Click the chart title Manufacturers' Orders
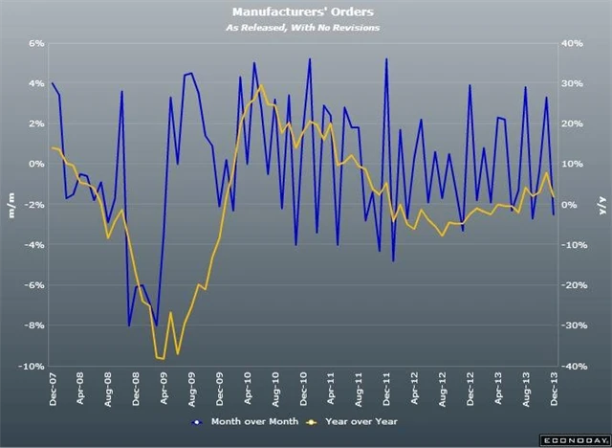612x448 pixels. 305,12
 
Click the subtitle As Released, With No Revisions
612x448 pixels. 305,28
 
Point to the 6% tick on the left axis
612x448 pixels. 37,43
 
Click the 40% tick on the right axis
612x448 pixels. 571,43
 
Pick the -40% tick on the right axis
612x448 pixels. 573,367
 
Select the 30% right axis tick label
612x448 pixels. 571,83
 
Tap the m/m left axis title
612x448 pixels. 11,205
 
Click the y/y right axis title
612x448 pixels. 601,205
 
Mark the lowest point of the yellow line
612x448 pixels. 164,359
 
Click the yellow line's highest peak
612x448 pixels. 261,85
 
